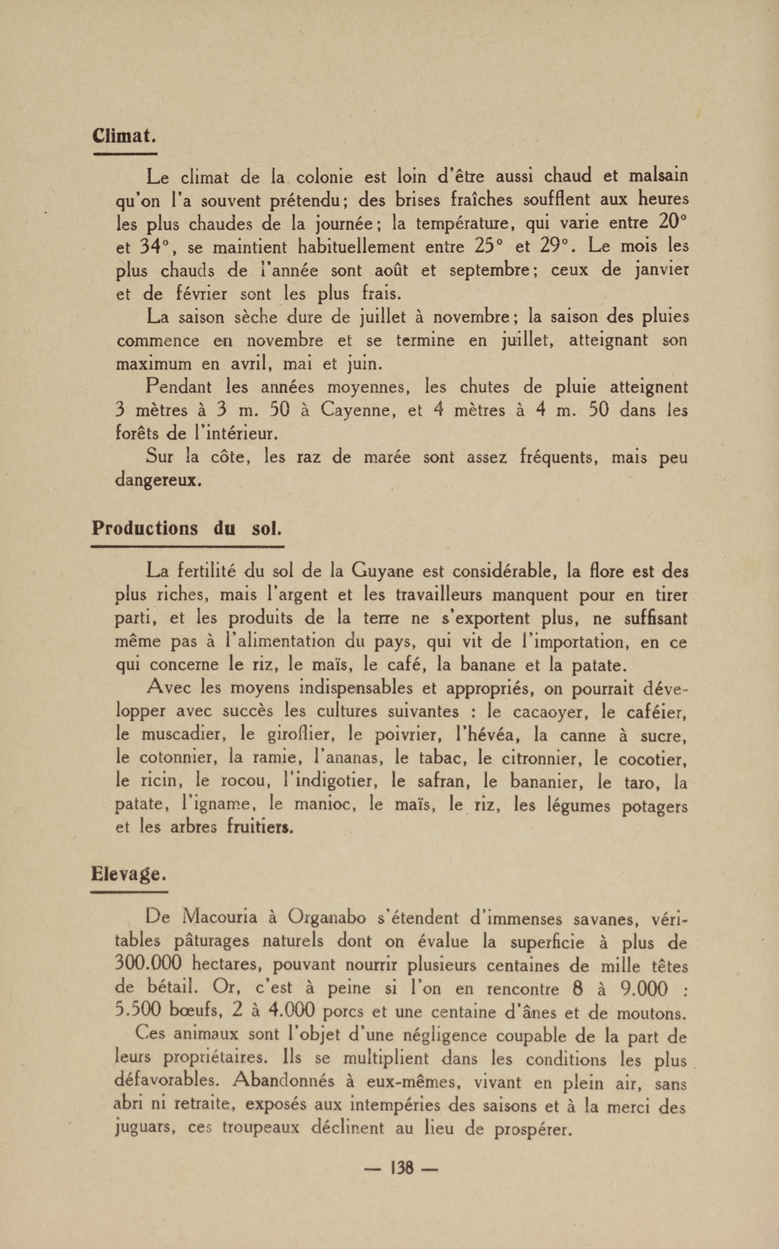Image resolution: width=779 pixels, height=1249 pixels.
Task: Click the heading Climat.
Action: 124,135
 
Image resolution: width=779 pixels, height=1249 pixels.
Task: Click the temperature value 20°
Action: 673,223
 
